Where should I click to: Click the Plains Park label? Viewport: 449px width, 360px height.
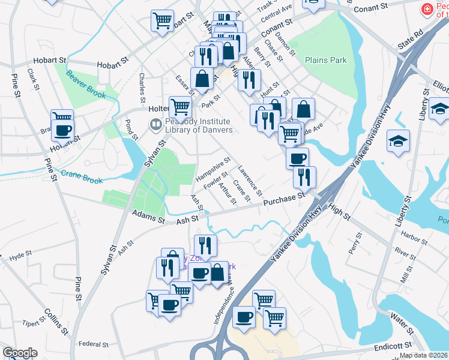[x=326, y=61]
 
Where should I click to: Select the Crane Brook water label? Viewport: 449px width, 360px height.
[x=82, y=179]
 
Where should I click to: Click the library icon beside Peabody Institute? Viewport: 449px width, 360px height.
[x=155, y=125]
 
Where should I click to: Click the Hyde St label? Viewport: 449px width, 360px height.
[x=20, y=255]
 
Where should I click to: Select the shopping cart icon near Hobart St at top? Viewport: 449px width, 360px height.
[x=162, y=20]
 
